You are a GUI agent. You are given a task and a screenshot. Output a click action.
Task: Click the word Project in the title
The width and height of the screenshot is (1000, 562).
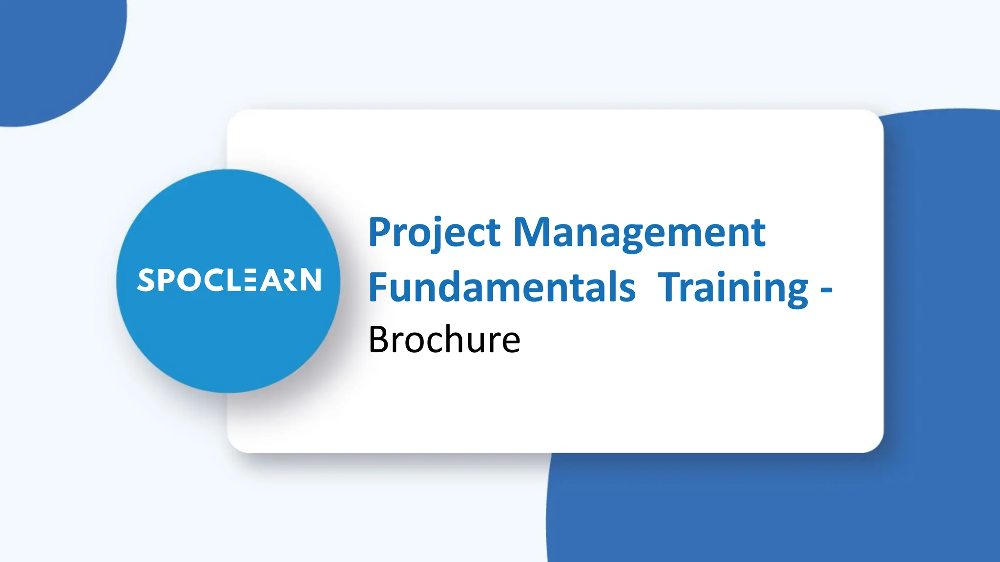tap(434, 233)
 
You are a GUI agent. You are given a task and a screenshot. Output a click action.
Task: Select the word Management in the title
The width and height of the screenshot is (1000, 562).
tap(639, 233)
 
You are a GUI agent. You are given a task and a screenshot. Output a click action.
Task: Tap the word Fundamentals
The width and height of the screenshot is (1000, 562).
tap(502, 288)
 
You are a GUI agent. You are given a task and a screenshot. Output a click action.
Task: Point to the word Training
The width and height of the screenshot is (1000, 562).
tap(732, 288)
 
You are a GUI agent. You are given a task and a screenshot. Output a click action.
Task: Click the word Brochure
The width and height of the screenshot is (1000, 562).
tap(444, 340)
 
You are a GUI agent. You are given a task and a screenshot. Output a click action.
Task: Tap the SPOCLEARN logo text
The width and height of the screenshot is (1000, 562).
tap(229, 280)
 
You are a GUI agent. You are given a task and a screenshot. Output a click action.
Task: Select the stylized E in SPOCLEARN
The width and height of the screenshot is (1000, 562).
tap(249, 280)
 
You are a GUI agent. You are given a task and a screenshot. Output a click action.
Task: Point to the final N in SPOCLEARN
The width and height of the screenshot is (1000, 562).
tap(311, 280)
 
